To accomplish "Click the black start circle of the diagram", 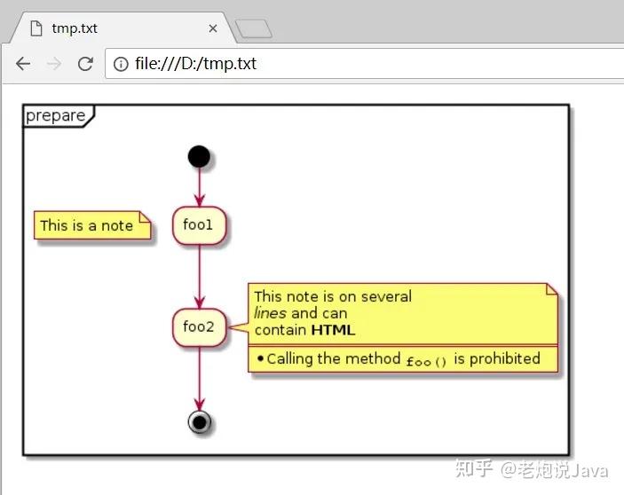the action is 199,156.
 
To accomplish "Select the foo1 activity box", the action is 200,225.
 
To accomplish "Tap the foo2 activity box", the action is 200,327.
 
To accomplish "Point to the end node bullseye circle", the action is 200,422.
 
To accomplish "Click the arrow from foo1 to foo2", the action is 200,276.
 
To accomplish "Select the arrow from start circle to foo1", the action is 200,187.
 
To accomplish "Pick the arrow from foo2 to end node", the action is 200,379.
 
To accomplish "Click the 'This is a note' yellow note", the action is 92,225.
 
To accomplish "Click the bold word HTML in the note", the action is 333,330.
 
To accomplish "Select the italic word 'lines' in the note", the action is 270,313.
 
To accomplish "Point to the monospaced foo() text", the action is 427,361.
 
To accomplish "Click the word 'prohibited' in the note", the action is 504,359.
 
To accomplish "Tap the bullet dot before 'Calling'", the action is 261,358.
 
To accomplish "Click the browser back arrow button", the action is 23,64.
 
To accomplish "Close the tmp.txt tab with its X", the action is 213,28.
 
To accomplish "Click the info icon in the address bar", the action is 121,64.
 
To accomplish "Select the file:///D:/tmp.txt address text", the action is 195,64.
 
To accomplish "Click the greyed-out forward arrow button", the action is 54,64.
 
